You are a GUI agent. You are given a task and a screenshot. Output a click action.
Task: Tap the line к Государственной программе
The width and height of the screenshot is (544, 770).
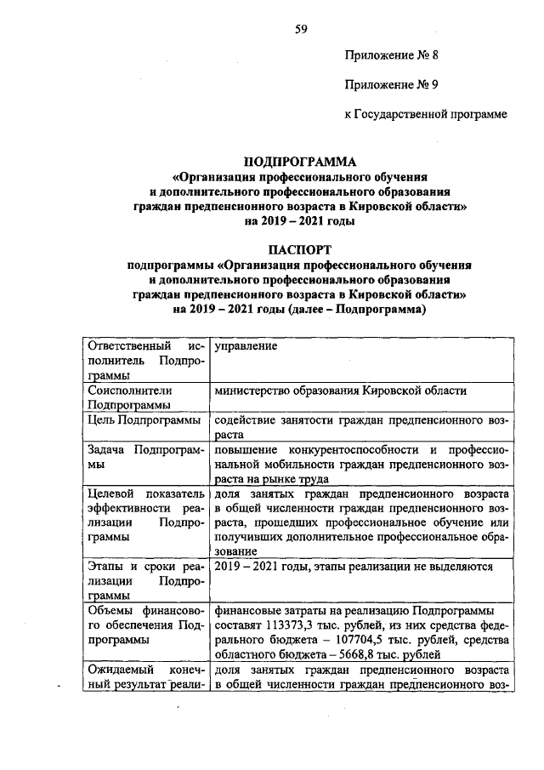coord(426,115)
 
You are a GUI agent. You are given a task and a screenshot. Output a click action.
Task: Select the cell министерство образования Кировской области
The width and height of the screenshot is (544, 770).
coord(341,390)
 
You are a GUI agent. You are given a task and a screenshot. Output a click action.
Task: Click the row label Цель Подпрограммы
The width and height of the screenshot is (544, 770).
coord(144,419)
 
